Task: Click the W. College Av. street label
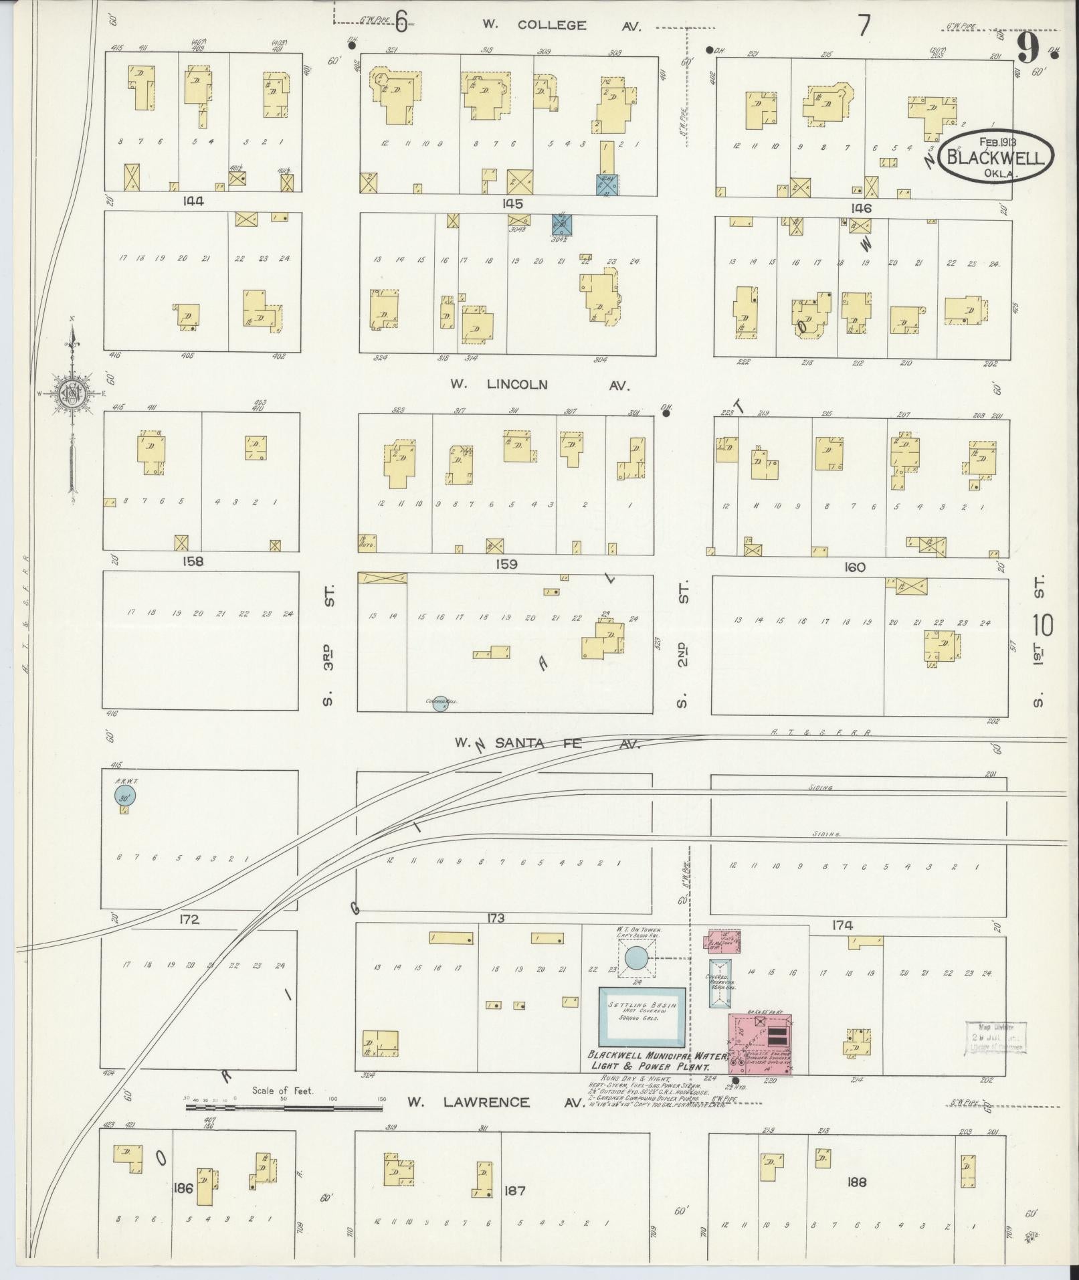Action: (x=562, y=26)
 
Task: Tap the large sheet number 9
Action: (x=1028, y=48)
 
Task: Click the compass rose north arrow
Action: (x=72, y=395)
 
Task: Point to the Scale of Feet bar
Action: (x=283, y=1107)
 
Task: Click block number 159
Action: (x=506, y=564)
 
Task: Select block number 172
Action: (x=189, y=920)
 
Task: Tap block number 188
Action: (x=856, y=1182)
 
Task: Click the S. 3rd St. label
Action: (x=328, y=644)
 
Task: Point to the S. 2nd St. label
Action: (x=683, y=644)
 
